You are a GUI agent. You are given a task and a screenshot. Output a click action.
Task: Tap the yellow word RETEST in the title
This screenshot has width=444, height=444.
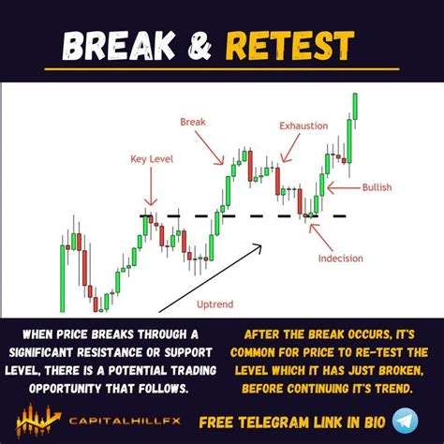301,45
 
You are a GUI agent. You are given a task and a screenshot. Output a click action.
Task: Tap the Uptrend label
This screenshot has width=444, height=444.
215,303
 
